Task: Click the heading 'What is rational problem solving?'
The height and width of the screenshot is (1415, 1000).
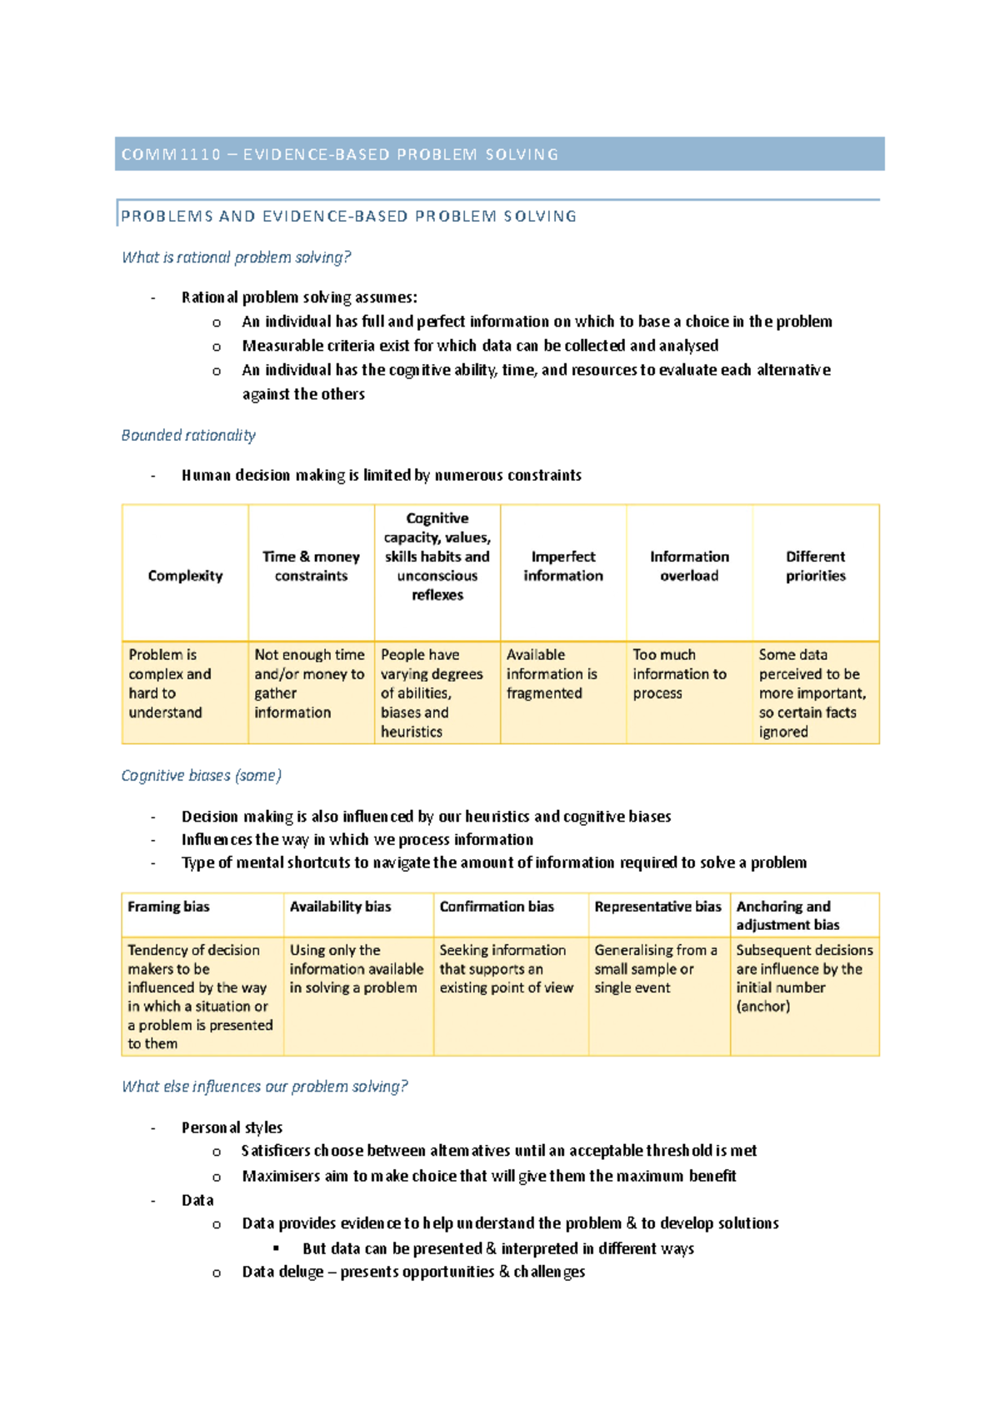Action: pos(236,257)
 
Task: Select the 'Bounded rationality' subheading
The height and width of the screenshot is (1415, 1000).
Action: pos(188,435)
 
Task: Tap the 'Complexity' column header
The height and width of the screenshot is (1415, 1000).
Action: pos(185,576)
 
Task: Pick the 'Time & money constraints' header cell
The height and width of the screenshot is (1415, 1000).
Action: pos(311,566)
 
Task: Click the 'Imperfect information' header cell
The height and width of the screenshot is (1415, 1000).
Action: pos(563,566)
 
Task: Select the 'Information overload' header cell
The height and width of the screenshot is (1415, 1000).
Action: pos(689,566)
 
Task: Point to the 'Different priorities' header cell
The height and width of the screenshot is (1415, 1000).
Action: pos(815,566)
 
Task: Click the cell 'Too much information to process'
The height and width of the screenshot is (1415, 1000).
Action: pos(679,674)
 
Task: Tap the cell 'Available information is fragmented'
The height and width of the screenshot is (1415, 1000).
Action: pos(552,674)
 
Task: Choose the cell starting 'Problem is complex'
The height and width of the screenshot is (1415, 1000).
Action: pos(169,683)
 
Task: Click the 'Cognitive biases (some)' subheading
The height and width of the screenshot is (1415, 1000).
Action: pos(202,776)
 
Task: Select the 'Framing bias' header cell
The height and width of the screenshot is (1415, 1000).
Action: pos(168,907)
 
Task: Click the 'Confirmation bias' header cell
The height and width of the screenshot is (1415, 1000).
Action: pos(497,907)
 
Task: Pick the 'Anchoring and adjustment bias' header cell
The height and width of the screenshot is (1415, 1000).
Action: pos(787,915)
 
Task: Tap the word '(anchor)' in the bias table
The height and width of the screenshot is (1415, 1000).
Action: pos(762,1007)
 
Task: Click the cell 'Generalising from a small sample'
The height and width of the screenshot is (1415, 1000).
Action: pos(655,968)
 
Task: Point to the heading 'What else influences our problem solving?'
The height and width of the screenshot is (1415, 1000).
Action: pos(265,1087)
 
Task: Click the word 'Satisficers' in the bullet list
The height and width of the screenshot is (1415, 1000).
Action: pos(275,1151)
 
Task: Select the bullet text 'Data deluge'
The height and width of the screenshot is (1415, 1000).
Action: pos(282,1272)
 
